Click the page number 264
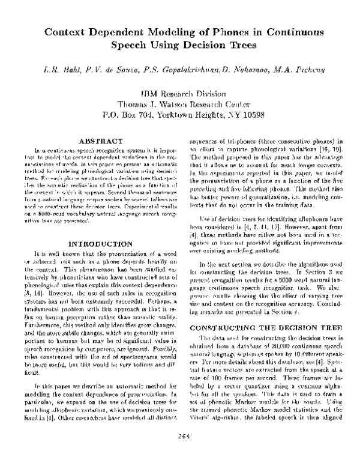[179, 453]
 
